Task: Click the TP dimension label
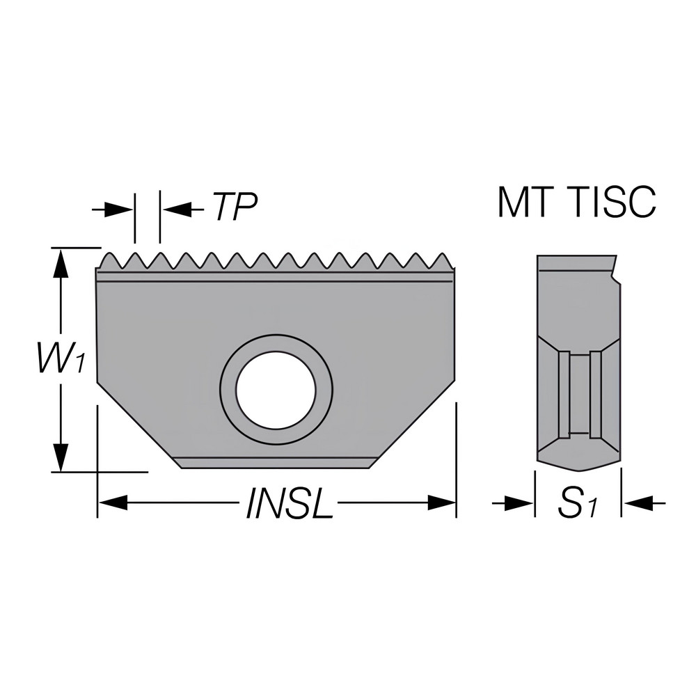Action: [235, 207]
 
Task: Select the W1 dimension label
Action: [62, 358]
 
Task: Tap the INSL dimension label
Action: [289, 503]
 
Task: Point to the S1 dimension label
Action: [578, 503]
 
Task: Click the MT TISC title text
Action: [577, 203]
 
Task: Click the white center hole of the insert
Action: [276, 389]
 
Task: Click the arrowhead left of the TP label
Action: [177, 208]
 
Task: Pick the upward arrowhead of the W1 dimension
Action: [62, 263]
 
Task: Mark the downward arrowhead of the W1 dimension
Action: [62, 456]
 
